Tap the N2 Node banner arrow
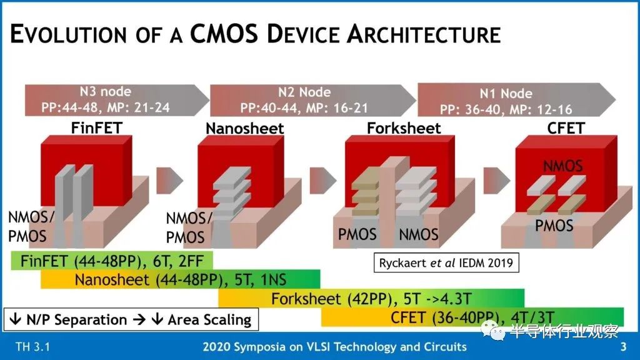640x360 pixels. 306,100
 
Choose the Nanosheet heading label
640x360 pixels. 245,129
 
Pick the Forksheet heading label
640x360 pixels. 404,129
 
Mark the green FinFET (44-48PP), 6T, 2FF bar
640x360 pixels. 112,261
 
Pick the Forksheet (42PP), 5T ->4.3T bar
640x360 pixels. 371,299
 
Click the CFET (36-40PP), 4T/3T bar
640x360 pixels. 472,317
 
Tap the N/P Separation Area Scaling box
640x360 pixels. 131,320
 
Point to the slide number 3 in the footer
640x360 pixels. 622,347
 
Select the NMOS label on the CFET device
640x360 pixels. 562,167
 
